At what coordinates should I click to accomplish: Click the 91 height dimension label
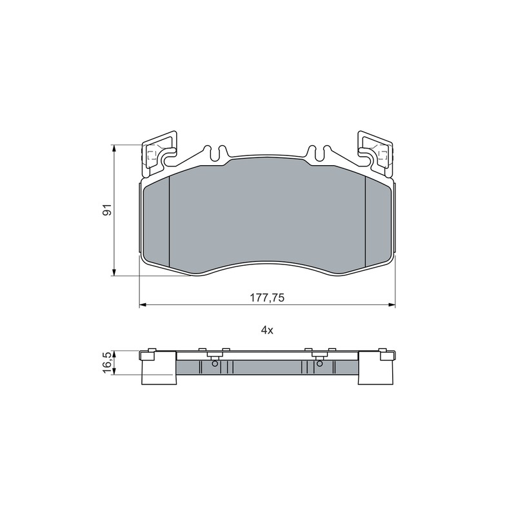pos(108,210)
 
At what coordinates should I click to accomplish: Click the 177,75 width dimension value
pos(267,298)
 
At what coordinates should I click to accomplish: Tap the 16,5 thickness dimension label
pos(108,362)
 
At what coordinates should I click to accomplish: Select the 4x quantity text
pos(267,330)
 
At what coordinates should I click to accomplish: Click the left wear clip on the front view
pos(159,153)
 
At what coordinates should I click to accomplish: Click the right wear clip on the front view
pos(375,153)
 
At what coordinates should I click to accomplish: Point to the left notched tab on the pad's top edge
pos(216,153)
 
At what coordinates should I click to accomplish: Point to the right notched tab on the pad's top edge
pos(318,153)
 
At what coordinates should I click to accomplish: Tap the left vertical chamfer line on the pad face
pos(169,221)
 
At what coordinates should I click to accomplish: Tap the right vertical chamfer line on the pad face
pos(366,221)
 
